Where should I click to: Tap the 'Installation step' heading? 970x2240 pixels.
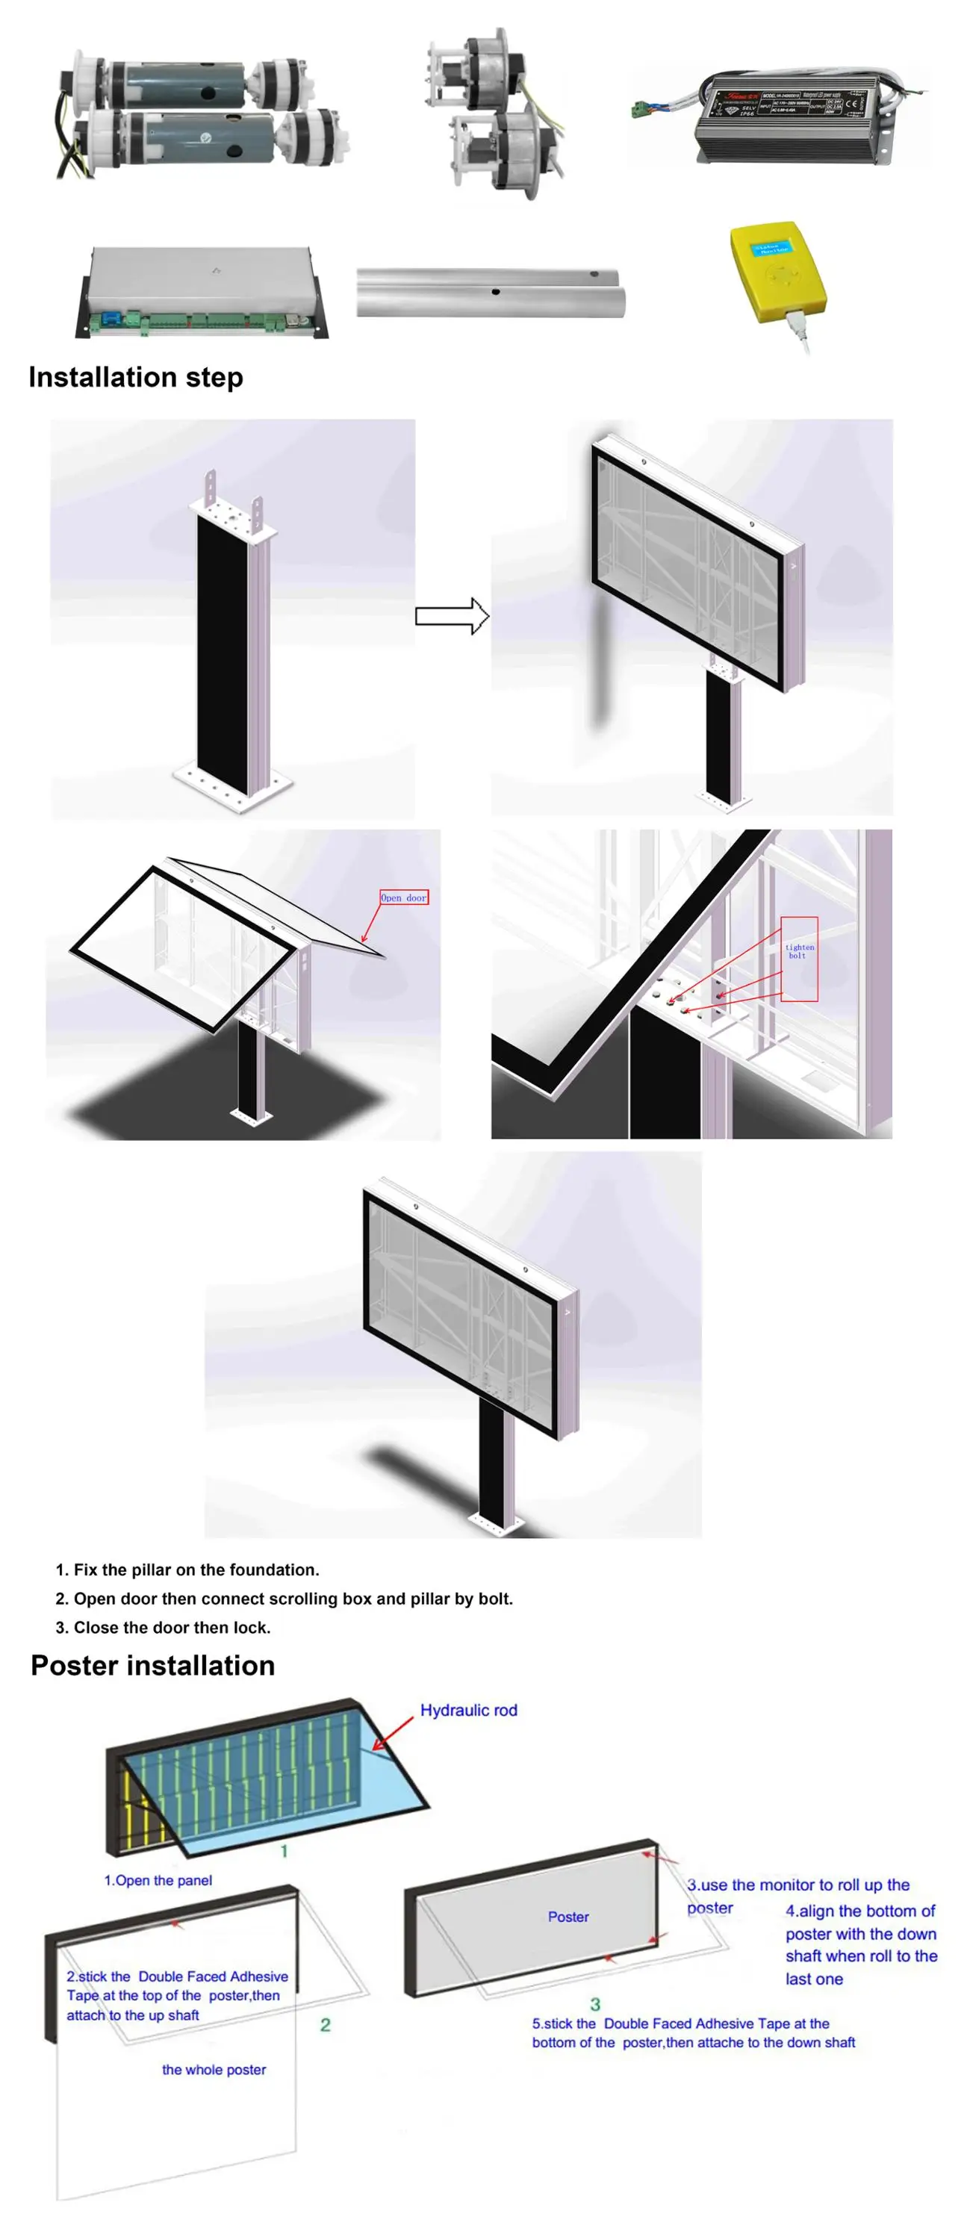coord(136,377)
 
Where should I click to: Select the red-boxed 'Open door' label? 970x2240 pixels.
coord(404,897)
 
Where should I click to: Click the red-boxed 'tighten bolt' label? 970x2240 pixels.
coord(798,953)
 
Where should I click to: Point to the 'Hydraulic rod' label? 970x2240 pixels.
coord(468,1710)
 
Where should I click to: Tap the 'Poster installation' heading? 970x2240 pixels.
coord(153,1664)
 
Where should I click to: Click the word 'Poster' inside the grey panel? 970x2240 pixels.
coord(568,1917)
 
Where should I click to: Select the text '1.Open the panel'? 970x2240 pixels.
coord(158,1880)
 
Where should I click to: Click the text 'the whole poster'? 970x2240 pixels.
coord(214,2070)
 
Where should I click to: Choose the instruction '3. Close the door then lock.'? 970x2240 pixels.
coord(164,1627)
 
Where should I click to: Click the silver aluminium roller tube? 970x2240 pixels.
coord(490,293)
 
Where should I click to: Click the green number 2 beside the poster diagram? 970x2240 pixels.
coord(326,2025)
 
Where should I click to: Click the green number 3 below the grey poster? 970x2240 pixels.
coord(595,2004)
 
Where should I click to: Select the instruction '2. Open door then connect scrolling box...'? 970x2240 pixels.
coord(285,1599)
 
